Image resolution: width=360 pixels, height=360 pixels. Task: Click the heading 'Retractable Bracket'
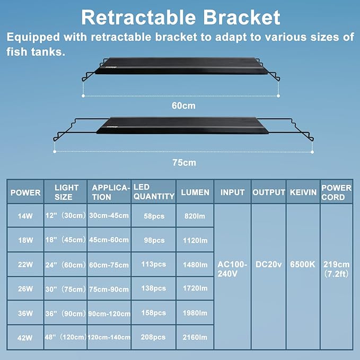180,17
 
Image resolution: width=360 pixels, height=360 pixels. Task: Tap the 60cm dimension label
183,106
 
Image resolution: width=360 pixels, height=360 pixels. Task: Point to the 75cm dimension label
183,162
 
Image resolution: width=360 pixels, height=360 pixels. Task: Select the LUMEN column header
195,192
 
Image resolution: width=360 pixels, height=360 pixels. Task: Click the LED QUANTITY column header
153,192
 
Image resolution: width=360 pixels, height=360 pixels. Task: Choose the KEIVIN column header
303,192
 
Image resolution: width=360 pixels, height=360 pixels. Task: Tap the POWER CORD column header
336,192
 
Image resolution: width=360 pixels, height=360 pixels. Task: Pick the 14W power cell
25,216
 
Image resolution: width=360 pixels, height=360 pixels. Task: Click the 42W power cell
25,337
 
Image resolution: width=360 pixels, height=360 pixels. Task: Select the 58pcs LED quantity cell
153,216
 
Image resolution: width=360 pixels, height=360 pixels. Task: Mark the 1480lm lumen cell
195,265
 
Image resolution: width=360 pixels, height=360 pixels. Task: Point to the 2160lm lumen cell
195,337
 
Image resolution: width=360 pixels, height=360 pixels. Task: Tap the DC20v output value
268,264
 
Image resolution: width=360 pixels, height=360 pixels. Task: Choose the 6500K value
303,264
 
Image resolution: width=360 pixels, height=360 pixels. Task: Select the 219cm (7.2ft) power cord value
336,269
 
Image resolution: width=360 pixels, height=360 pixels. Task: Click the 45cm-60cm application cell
110,240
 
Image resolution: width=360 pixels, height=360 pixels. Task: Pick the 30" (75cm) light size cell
66,289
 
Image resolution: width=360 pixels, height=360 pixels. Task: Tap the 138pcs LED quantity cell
153,289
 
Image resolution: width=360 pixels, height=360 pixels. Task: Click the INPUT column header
232,192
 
